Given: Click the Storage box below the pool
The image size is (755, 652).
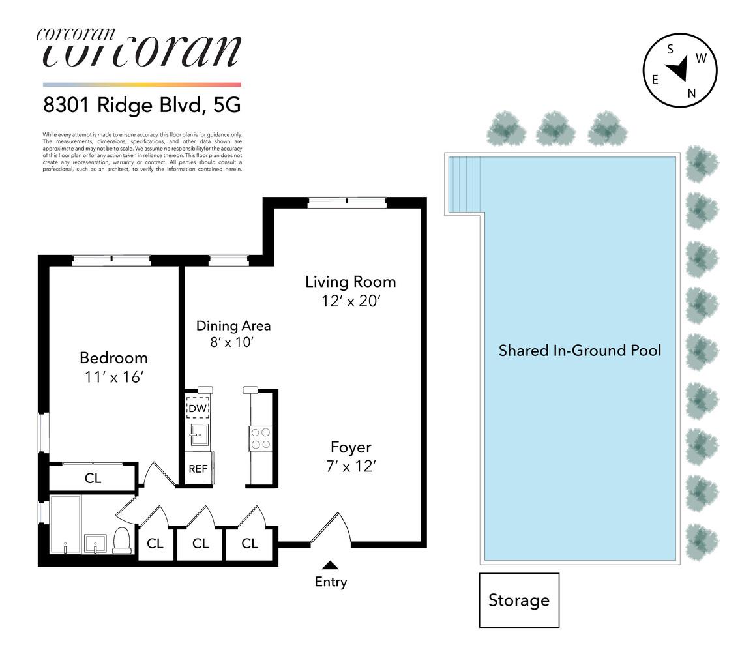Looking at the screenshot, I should pyautogui.click(x=519, y=600).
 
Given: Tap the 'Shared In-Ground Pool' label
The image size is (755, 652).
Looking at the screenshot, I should pyautogui.click(x=580, y=350).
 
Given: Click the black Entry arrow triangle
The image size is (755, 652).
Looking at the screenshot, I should pyautogui.click(x=331, y=565).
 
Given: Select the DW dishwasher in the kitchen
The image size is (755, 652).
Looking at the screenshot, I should pyautogui.click(x=198, y=408).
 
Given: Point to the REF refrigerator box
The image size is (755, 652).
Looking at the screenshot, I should pyautogui.click(x=198, y=468).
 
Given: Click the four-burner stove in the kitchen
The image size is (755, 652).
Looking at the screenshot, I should pyautogui.click(x=259, y=437).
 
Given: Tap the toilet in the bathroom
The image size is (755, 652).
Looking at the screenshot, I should pyautogui.click(x=123, y=541).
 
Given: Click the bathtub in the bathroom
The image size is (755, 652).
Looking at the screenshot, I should pyautogui.click(x=65, y=524).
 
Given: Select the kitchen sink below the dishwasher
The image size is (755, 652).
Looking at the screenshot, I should pyautogui.click(x=198, y=432).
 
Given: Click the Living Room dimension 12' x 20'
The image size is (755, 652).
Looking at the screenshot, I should pyautogui.click(x=351, y=302).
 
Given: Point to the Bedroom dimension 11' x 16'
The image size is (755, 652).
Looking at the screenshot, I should pyautogui.click(x=113, y=377).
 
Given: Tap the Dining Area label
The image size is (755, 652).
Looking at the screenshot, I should pyautogui.click(x=233, y=325).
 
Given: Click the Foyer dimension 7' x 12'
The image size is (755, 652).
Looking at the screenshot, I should pyautogui.click(x=351, y=467).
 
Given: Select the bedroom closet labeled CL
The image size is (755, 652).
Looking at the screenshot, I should pyautogui.click(x=93, y=478).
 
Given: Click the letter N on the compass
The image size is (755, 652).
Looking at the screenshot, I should pyautogui.click(x=692, y=93).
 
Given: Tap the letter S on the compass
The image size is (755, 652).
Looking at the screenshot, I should pyautogui.click(x=670, y=49).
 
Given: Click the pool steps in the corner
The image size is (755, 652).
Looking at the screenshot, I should pyautogui.click(x=465, y=184).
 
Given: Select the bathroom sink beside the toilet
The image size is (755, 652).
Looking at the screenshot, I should pyautogui.click(x=96, y=542).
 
